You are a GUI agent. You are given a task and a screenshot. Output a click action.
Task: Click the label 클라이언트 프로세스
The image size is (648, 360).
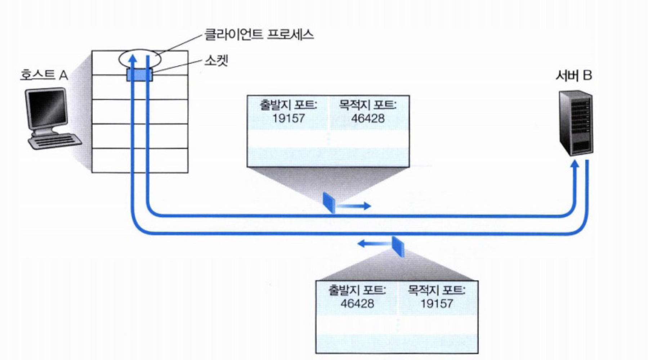tap(259, 35)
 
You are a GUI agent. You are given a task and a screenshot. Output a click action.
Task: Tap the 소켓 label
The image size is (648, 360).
tap(216, 61)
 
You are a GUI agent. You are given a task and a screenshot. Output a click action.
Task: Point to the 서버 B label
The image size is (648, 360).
tap(574, 75)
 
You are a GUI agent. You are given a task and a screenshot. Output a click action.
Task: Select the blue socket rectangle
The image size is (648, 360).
tap(140, 75)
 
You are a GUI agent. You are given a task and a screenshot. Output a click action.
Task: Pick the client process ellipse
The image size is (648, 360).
tap(140, 59)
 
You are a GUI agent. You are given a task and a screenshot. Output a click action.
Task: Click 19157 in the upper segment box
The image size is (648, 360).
tap(289, 118)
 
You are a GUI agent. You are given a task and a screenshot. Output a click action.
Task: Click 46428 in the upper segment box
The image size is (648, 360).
tap(368, 118)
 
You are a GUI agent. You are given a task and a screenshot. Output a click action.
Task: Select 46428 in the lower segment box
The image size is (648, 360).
tap(357, 303)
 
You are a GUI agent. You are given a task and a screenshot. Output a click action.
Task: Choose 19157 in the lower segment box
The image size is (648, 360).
tap(437, 303)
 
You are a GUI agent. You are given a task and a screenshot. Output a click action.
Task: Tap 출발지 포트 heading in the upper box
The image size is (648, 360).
tap(289, 105)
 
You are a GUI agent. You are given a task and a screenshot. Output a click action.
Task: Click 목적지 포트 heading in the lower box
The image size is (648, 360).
tap(437, 290)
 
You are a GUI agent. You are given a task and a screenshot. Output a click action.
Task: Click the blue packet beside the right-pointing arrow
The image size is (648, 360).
tap(329, 203)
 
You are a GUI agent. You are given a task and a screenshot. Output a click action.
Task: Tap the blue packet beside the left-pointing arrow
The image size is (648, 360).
tap(398, 246)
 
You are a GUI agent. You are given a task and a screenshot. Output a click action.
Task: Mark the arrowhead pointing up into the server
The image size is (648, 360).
tap(575, 164)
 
